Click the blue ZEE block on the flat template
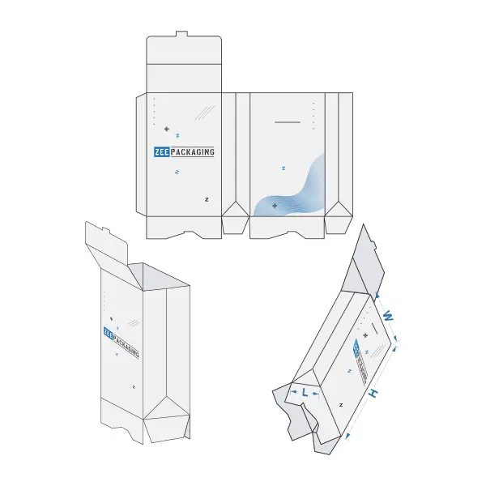tap(161, 152)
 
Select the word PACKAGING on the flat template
tap(193, 152)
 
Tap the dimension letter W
tap(388, 317)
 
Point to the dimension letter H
tap(373, 394)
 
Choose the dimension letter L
tap(305, 393)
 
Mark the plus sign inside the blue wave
tap(275, 206)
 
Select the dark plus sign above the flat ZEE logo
tap(167, 129)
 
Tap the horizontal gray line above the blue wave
tap(288, 122)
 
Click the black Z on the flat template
tap(207, 199)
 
